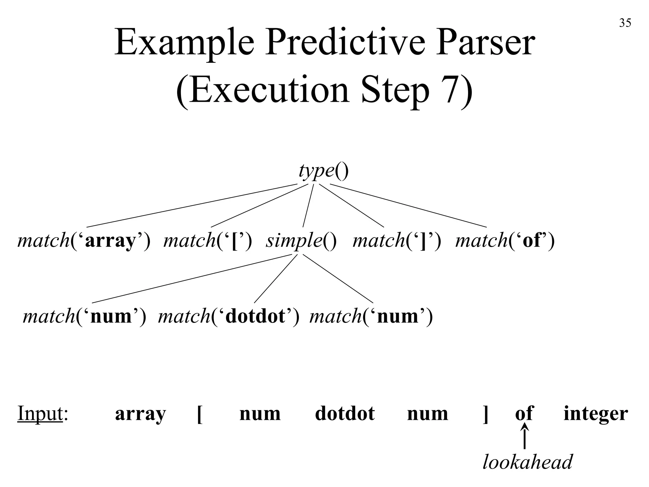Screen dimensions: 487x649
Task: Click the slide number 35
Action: click(x=625, y=23)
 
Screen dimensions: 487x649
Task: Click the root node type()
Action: click(x=324, y=171)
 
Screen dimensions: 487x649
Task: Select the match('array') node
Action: click(x=84, y=240)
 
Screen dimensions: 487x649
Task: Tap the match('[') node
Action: click(x=208, y=240)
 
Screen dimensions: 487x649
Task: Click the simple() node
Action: click(x=301, y=240)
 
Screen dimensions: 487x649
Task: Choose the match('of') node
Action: click(x=505, y=240)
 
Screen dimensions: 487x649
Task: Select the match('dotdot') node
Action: click(x=228, y=316)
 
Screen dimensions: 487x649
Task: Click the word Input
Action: click(x=40, y=413)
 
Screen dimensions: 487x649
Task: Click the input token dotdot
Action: click(x=345, y=413)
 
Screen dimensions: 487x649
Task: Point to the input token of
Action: click(x=524, y=413)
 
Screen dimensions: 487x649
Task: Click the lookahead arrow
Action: click(x=525, y=438)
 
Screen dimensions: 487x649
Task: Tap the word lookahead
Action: click(x=528, y=462)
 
